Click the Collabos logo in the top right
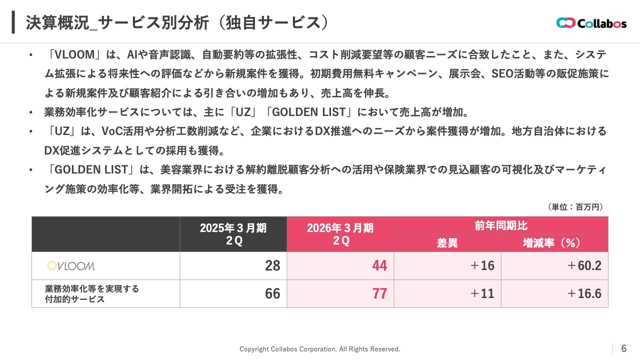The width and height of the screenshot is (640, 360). pyautogui.click(x=591, y=23)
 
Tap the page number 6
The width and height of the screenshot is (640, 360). pyautogui.click(x=623, y=348)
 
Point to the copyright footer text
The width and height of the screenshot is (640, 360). pyautogui.click(x=319, y=349)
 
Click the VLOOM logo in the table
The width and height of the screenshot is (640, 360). pyautogui.click(x=70, y=266)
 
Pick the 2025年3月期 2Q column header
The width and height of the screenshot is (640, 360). pyautogui.click(x=233, y=234)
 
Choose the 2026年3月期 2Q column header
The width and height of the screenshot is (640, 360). pyautogui.click(x=340, y=234)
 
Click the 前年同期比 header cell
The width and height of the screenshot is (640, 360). pyautogui.click(x=500, y=225)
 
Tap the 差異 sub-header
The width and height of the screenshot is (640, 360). pyautogui.click(x=447, y=243)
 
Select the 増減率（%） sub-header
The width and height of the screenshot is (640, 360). pyautogui.click(x=554, y=243)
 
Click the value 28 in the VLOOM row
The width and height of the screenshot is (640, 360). pyautogui.click(x=272, y=266)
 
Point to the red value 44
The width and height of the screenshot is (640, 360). pyautogui.click(x=379, y=266)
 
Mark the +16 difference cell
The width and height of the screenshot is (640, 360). pyautogui.click(x=482, y=266)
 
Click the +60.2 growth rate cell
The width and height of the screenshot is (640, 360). pyautogui.click(x=584, y=266)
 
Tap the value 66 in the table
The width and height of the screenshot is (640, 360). pyautogui.click(x=272, y=293)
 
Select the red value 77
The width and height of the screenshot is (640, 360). pyautogui.click(x=379, y=293)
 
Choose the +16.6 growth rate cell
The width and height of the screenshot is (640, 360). pyautogui.click(x=584, y=293)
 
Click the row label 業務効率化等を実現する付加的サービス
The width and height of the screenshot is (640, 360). pyautogui.click(x=91, y=294)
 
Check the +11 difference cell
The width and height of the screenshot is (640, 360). pyautogui.click(x=482, y=293)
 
